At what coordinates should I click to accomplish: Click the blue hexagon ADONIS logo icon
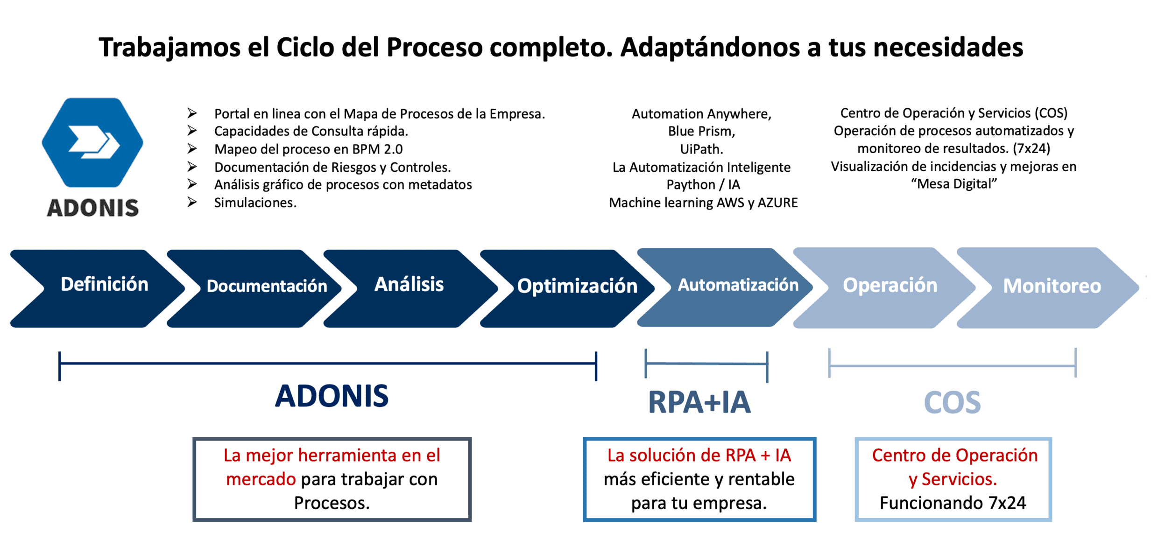tap(92, 142)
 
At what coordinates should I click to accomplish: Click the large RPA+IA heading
tap(699, 402)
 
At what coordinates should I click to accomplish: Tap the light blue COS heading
tap(952, 403)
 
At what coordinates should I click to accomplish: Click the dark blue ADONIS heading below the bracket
tap(332, 396)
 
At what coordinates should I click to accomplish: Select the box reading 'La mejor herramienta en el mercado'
tap(332, 479)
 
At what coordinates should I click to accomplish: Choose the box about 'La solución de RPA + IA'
tap(699, 479)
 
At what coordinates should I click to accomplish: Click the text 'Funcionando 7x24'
tap(953, 503)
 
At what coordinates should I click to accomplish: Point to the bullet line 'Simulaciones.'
tap(255, 203)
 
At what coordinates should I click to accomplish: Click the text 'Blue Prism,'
tap(701, 132)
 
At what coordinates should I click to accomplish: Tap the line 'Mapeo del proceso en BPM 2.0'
tap(308, 149)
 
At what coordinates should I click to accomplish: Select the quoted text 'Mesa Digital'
tap(953, 184)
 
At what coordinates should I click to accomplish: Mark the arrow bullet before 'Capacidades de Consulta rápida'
tap(192, 131)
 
